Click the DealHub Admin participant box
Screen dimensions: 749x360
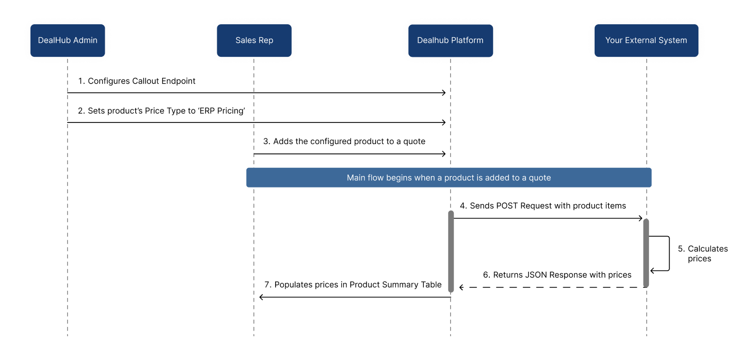[68, 40]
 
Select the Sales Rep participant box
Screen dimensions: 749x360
[254, 40]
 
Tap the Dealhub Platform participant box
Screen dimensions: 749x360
[451, 40]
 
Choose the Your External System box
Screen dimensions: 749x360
[646, 40]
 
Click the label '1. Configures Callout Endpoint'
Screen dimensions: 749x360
[137, 81]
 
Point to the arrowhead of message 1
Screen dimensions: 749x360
[444, 92]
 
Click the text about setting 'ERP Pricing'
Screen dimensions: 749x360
[162, 111]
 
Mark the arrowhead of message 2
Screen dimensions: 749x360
[444, 122]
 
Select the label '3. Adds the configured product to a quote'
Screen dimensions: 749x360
[344, 142]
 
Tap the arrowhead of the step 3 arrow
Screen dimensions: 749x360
[444, 154]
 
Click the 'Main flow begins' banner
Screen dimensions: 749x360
[449, 178]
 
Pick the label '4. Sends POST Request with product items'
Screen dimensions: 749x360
[543, 206]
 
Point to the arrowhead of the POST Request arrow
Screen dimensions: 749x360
[641, 218]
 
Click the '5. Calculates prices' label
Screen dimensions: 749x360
[703, 254]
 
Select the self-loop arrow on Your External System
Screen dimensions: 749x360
[670, 253]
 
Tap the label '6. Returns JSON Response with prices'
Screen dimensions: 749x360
[557, 275]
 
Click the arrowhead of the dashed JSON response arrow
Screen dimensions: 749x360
[461, 287]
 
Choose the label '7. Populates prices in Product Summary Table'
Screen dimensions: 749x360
[353, 285]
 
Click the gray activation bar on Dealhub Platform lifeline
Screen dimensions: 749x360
[451, 252]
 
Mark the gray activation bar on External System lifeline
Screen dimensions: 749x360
[646, 253]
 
